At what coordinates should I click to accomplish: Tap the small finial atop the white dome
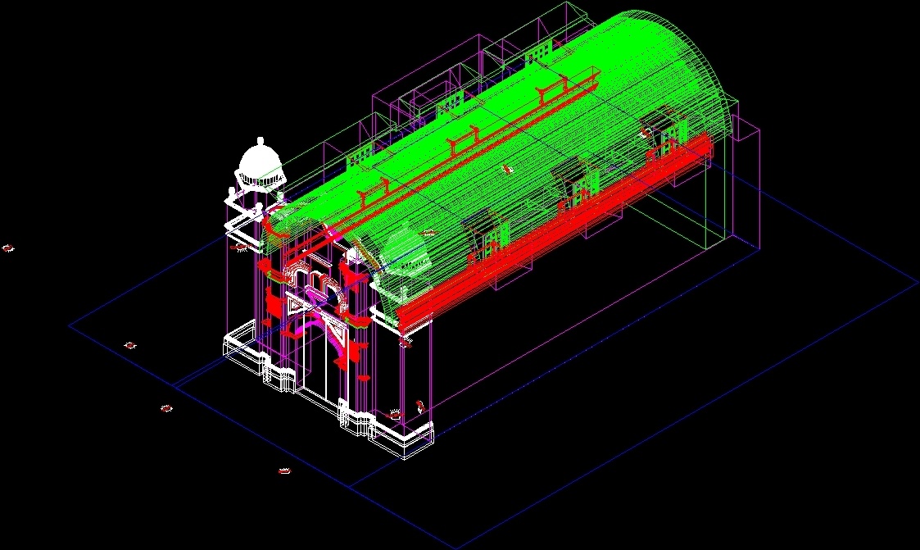pyautogui.click(x=260, y=140)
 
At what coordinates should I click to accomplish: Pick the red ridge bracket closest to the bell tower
pyautogui.click(x=373, y=192)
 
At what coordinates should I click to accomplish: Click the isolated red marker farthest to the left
pyautogui.click(x=8, y=248)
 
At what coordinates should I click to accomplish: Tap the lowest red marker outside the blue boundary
pyautogui.click(x=285, y=471)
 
